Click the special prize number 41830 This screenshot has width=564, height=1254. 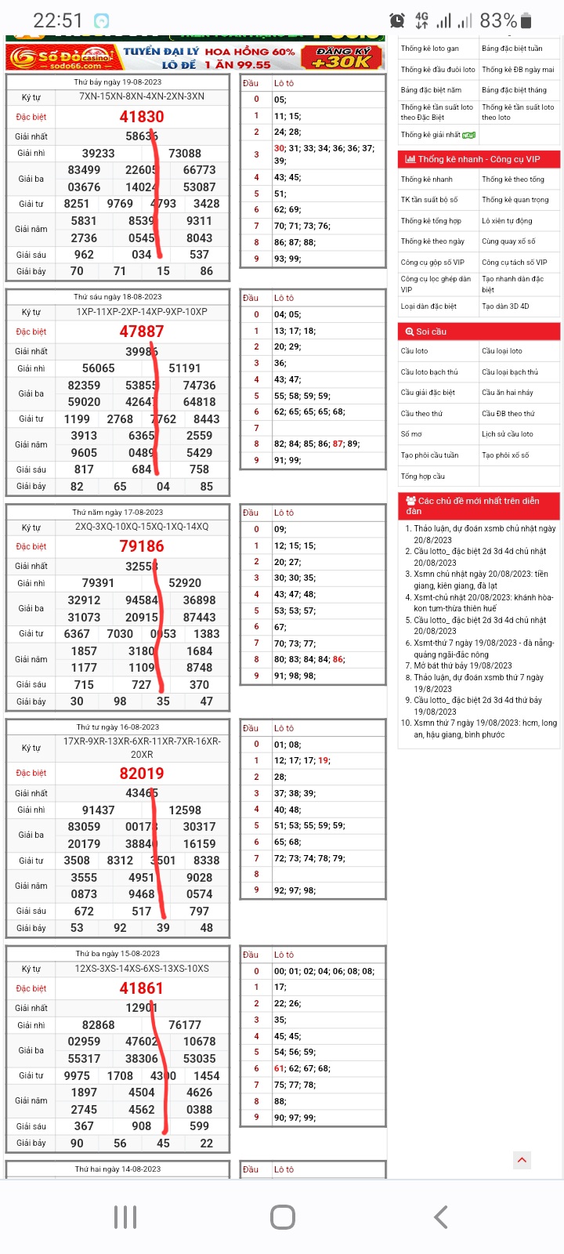pos(142,117)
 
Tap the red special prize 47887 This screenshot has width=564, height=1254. pos(142,332)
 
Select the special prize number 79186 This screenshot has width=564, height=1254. pos(142,546)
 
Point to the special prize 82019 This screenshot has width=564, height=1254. pos(142,774)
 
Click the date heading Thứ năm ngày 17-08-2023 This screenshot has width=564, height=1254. pos(118,513)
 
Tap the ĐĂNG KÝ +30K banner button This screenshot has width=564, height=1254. pos(342,57)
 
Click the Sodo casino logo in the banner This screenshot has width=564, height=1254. pos(63,58)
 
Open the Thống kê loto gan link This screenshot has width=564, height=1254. pos(430,49)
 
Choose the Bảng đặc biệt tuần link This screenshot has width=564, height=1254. pos(512,49)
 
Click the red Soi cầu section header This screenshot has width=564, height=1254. pos(479,332)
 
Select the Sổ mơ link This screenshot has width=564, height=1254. pos(411,434)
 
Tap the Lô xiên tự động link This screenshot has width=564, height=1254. pos(507,221)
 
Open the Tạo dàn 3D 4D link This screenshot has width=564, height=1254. pos(505,306)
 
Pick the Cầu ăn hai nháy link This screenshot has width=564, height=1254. pos(508,393)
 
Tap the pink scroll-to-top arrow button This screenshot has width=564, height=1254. pos(522,1160)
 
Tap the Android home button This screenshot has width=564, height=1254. pos(282,1217)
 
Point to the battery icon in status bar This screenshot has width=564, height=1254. pos(526,21)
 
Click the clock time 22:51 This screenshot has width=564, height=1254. pos(58,20)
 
